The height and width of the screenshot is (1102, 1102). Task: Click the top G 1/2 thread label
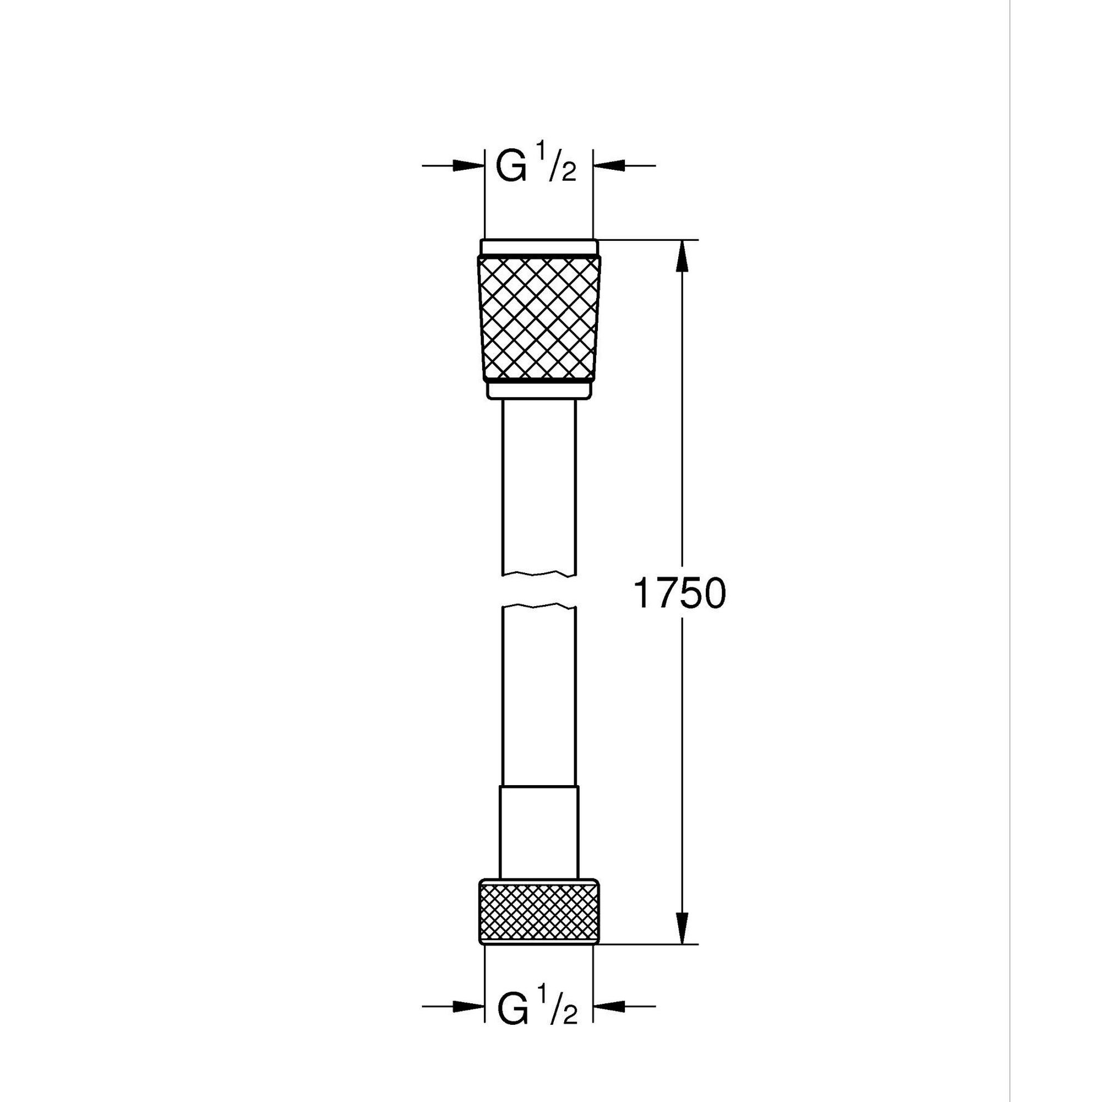click(536, 166)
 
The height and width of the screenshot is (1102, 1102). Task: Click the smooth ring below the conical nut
click(539, 390)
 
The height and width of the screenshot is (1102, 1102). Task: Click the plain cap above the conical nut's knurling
click(539, 247)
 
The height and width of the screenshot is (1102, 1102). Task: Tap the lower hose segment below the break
click(539, 696)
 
